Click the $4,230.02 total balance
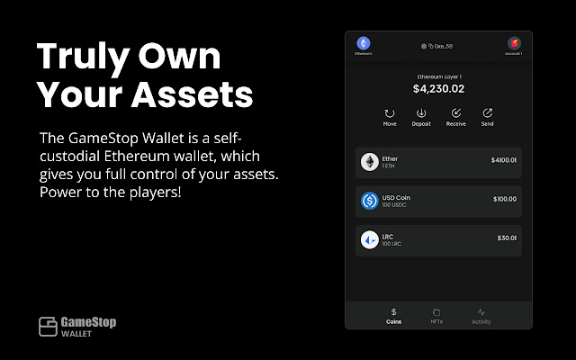click(x=438, y=89)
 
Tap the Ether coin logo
click(x=369, y=162)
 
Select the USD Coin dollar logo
click(x=369, y=201)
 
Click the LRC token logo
click(x=369, y=239)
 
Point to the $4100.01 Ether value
click(x=504, y=160)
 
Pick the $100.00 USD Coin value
click(x=505, y=198)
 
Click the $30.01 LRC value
click(x=507, y=238)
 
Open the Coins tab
click(x=393, y=315)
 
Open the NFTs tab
click(x=436, y=315)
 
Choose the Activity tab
click(x=481, y=315)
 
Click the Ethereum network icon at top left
click(x=364, y=43)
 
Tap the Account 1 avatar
click(x=513, y=43)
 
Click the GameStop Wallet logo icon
click(x=48, y=326)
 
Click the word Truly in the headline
click(x=81, y=57)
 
